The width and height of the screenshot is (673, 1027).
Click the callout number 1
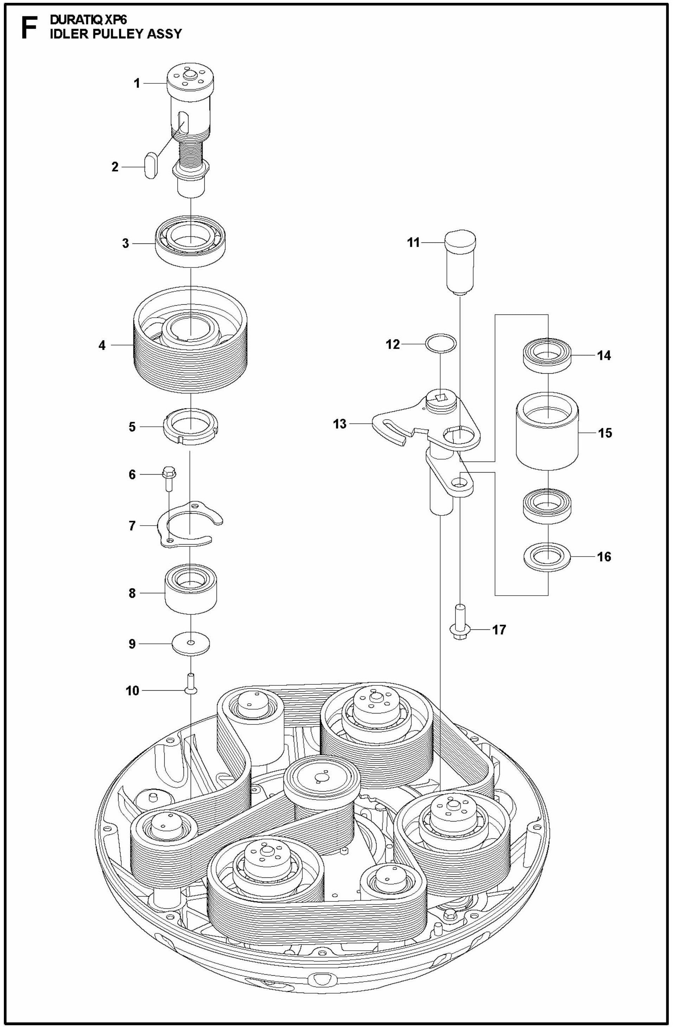(x=137, y=83)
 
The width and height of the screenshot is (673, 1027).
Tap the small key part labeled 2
(x=150, y=166)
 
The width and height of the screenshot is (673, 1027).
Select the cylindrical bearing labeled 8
(x=191, y=589)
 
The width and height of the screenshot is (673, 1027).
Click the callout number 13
(x=340, y=424)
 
